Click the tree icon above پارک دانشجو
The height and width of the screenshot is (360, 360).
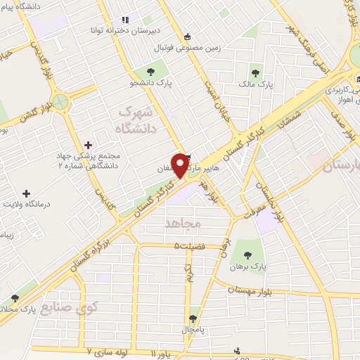(150, 71)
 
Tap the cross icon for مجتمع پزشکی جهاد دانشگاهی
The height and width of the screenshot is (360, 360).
(87, 143)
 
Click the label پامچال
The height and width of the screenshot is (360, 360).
(193, 328)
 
